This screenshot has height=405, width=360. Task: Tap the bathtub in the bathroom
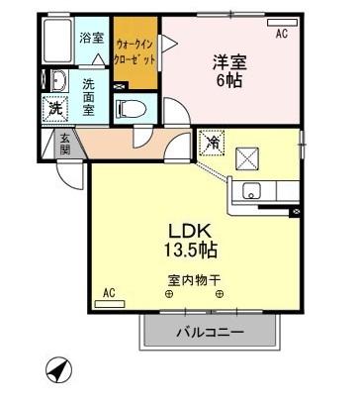coord(58,43)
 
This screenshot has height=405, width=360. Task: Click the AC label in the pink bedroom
coord(282,33)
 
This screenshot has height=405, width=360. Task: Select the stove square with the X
coord(249,157)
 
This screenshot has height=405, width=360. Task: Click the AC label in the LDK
coord(109,294)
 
